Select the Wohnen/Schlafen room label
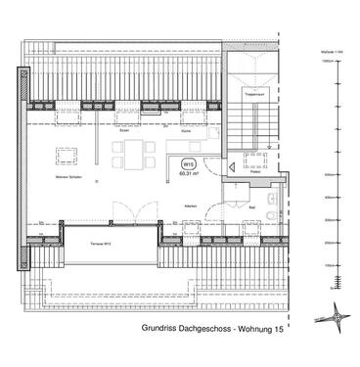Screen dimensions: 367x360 [67, 177]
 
